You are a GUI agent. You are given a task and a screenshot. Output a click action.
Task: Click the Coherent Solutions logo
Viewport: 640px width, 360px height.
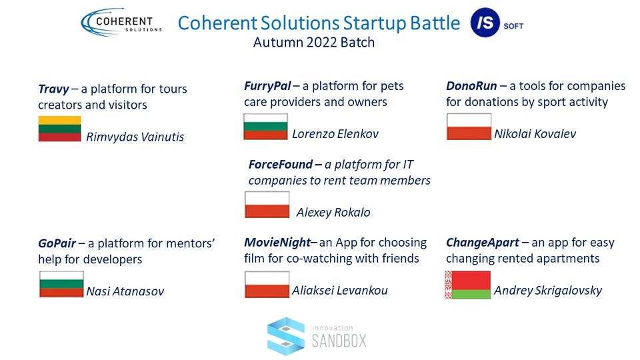point(121,23)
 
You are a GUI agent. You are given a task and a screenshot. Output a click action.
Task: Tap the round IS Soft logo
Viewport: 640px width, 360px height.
point(485,23)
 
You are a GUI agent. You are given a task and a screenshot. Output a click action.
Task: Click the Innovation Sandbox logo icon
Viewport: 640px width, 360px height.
point(286,336)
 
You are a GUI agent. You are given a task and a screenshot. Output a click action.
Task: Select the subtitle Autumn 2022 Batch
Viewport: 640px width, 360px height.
point(314,43)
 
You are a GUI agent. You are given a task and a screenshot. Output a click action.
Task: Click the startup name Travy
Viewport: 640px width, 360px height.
point(53,89)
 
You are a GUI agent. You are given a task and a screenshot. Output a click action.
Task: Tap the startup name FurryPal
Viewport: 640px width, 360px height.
point(267,86)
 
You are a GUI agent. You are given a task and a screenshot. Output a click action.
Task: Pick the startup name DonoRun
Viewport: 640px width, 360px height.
point(471,86)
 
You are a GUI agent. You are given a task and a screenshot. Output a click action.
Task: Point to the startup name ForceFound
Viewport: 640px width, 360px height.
point(281,165)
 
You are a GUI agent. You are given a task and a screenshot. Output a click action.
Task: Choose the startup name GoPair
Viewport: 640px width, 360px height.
point(57,243)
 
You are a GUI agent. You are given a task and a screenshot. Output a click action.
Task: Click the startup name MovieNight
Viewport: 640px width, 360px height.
point(277,243)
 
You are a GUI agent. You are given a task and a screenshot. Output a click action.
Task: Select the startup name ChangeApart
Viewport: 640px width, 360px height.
point(483,243)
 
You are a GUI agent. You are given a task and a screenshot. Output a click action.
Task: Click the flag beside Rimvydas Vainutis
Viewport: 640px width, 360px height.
point(59,129)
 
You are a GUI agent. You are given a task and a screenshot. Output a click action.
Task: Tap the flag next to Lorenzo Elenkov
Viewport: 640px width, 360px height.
point(266,127)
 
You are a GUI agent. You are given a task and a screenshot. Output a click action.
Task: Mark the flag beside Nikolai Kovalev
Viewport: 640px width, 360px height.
point(469,127)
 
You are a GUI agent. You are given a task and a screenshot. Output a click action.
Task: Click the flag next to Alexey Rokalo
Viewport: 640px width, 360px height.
point(267,205)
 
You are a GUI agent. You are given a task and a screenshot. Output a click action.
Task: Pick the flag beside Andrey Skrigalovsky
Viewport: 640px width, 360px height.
point(468,285)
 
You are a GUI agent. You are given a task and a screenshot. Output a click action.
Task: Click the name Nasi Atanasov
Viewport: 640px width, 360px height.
point(125,291)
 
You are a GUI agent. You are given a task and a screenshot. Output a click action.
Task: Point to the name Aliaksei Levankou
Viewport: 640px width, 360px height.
point(339,291)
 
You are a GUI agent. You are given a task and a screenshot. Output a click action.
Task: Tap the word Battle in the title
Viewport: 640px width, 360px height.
point(435,23)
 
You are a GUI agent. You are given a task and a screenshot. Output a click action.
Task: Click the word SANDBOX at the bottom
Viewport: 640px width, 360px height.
point(339,341)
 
